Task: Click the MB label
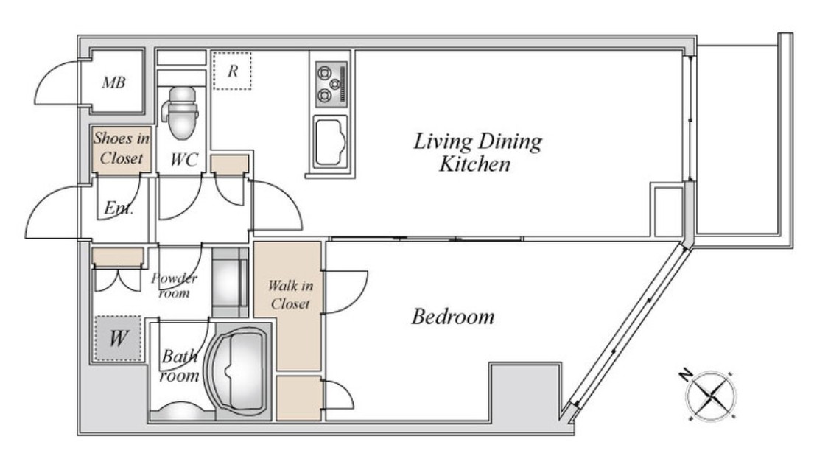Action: [x=113, y=82]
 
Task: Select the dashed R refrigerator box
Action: [x=232, y=71]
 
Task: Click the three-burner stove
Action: [x=331, y=84]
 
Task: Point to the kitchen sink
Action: [x=330, y=141]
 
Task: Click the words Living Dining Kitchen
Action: [x=477, y=152]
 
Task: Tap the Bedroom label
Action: [x=453, y=317]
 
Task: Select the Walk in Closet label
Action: [x=290, y=294]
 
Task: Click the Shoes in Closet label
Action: [x=122, y=148]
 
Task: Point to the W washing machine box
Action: [x=118, y=338]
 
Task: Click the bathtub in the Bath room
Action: [x=238, y=371]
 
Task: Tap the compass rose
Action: [x=711, y=396]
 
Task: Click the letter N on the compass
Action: [x=686, y=374]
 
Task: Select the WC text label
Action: [x=184, y=160]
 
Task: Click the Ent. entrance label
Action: [x=119, y=208]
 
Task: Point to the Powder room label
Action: [x=175, y=285]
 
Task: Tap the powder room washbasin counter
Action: [x=230, y=282]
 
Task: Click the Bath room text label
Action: [x=179, y=365]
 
